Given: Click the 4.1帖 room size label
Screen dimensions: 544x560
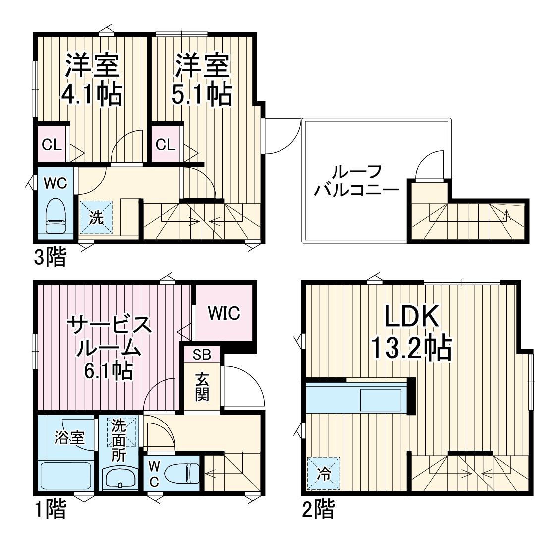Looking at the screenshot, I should point(91,94).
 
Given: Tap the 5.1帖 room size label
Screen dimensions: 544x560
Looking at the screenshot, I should point(202,94).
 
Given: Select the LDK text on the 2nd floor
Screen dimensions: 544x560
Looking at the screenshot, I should point(411,317).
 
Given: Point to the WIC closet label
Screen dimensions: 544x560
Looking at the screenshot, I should point(224,313).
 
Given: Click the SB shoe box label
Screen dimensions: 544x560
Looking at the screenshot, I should point(202,355).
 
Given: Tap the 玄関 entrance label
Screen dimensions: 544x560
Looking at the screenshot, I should point(201,386).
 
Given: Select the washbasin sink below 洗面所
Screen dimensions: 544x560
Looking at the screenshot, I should point(120,479).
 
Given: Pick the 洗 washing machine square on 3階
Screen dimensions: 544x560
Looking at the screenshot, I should point(96,217).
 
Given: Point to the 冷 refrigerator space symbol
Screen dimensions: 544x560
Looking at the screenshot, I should point(324,473).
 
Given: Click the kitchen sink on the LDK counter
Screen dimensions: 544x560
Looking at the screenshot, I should point(381,400).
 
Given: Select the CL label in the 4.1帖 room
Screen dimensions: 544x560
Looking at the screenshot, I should point(52,145).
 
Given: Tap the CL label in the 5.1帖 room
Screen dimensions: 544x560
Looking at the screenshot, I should point(166,145).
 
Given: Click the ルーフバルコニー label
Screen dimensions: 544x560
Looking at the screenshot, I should point(356,181).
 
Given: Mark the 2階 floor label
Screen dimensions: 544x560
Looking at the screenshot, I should point(317,509).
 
